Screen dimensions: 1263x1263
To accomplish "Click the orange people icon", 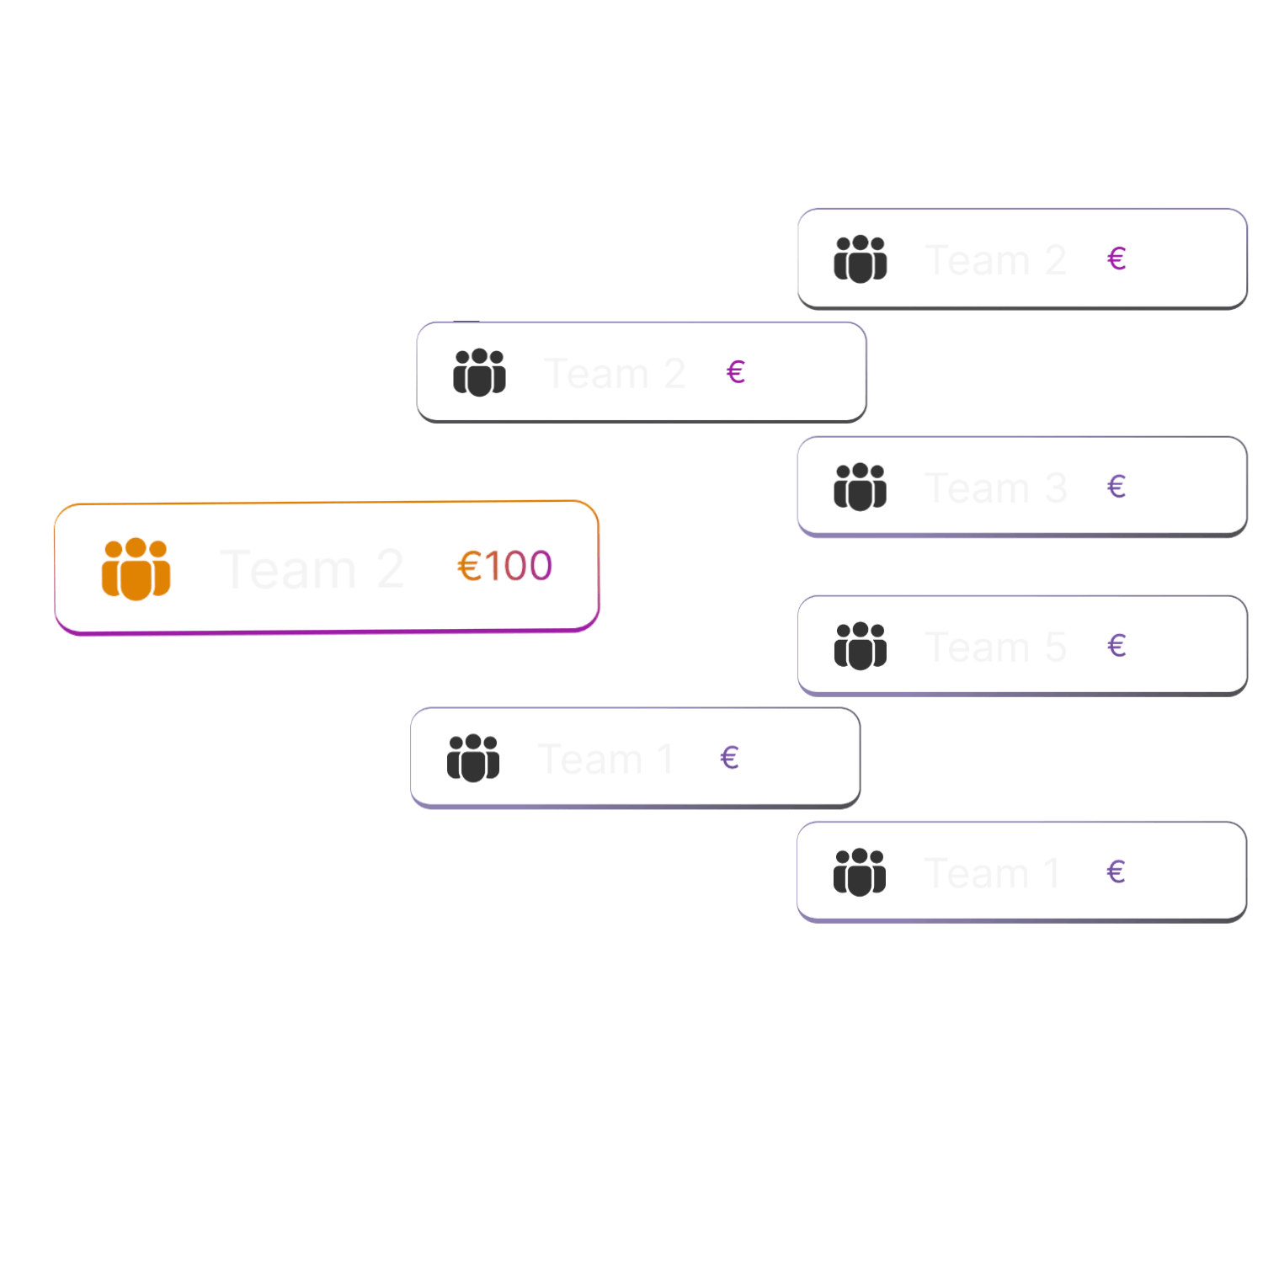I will pyautogui.click(x=136, y=568).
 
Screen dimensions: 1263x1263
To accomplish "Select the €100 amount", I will pyautogui.click(x=504, y=566).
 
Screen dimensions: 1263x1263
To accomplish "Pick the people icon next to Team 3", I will pyautogui.click(x=860, y=486).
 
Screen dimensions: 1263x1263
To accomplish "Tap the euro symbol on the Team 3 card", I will pyautogui.click(x=1116, y=486).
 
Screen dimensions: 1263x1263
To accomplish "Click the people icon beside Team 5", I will pyautogui.click(x=860, y=645).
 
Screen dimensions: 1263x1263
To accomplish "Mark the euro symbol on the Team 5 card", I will pyautogui.click(x=1116, y=646).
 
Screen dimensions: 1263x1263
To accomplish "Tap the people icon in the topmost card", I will pyautogui.click(x=860, y=258).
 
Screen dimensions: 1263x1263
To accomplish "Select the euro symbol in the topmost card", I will pyautogui.click(x=1117, y=258).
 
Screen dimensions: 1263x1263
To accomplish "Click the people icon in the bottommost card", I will pyautogui.click(x=860, y=871).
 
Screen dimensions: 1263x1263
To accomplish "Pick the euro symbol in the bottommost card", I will pyautogui.click(x=1116, y=871).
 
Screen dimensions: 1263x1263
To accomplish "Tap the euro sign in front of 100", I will pyautogui.click(x=469, y=566).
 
